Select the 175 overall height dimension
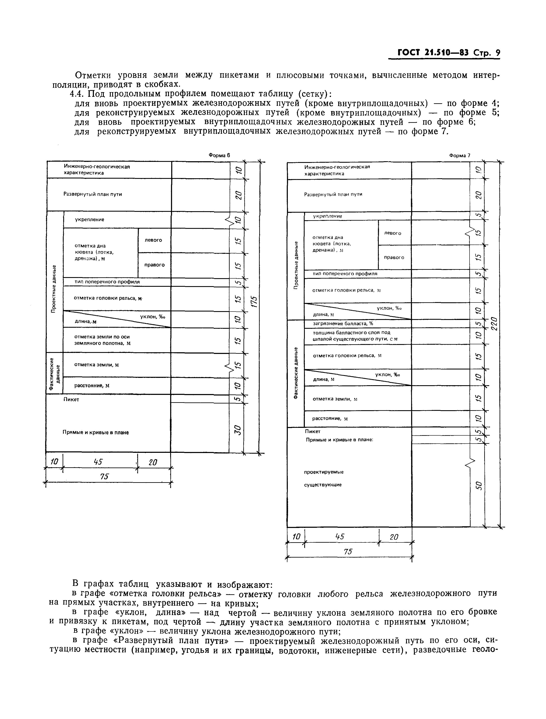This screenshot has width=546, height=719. coord(254,301)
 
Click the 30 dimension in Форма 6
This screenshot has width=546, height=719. coord(238,430)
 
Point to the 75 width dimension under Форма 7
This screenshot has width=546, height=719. coord(348,552)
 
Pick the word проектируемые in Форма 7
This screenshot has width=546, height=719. coord(324,472)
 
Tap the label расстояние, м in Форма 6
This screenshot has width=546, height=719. coord(92,385)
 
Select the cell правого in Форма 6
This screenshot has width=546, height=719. coord(154,265)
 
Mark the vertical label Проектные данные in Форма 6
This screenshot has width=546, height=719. coord(54,289)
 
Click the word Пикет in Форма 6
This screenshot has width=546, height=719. coord(71,399)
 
